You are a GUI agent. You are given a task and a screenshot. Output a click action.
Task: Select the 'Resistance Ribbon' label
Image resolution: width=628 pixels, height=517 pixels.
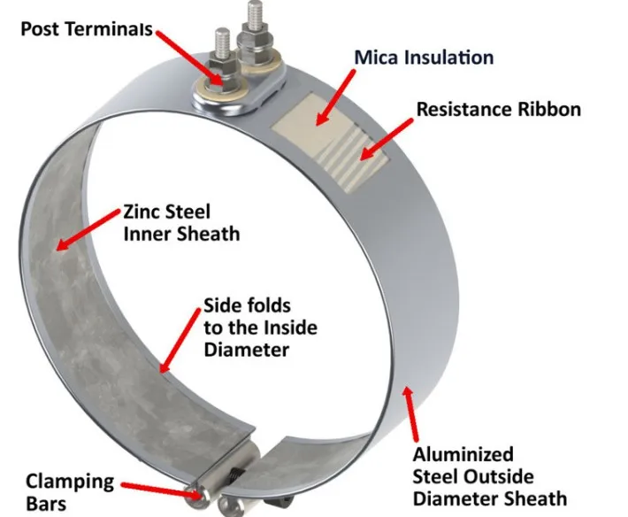pyautogui.click(x=499, y=110)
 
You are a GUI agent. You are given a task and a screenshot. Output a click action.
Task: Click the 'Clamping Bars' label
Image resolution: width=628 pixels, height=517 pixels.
pyautogui.click(x=69, y=493)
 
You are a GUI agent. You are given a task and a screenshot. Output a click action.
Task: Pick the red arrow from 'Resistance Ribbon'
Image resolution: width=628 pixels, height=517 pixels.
pyautogui.click(x=385, y=142)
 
